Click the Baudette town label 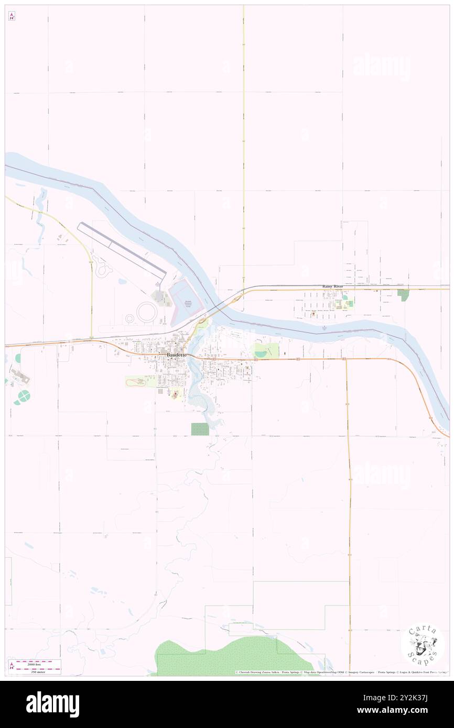click(176, 355)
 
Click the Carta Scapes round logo click(422, 644)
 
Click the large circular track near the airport click(147, 313)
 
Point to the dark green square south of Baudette click(200, 429)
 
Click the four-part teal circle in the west click(23, 398)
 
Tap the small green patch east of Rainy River click(403, 295)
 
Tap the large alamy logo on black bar click(52, 704)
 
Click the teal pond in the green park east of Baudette click(260, 354)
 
